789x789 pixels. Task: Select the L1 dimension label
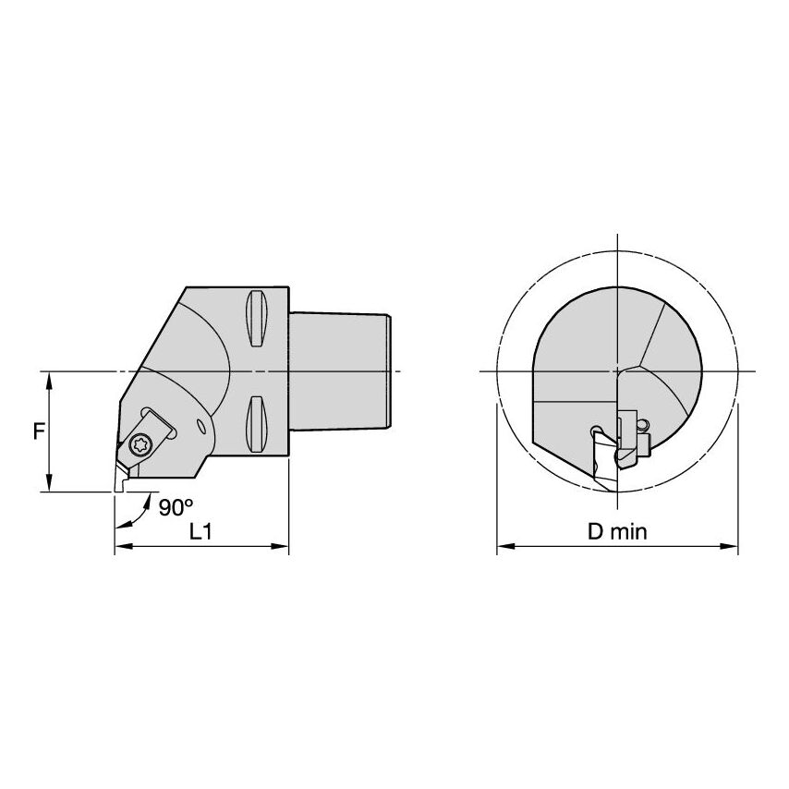[x=201, y=531]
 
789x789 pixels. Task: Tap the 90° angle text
[x=176, y=507]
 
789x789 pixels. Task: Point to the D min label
[x=617, y=531]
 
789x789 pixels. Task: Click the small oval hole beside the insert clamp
[x=202, y=426]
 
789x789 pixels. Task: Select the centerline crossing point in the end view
[x=617, y=371]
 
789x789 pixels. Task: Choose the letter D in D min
[x=594, y=531]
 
